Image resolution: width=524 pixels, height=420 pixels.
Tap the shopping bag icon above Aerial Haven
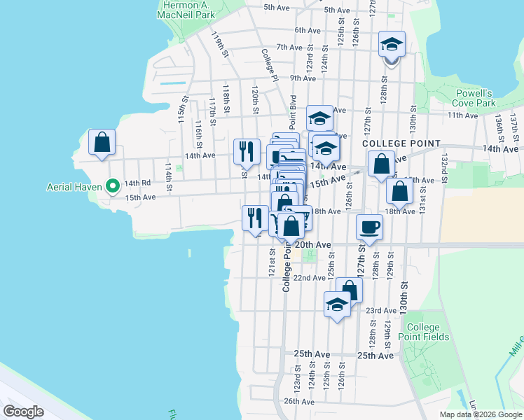(x=102, y=141)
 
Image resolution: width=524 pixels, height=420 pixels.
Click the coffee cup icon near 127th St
(x=370, y=226)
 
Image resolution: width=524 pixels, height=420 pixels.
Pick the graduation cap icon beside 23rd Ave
(x=337, y=304)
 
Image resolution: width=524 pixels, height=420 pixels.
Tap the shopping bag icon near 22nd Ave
(x=349, y=290)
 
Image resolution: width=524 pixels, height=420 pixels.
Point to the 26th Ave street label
(x=299, y=401)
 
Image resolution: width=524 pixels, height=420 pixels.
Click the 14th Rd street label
(x=137, y=183)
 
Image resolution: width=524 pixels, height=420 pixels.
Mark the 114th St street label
(x=168, y=177)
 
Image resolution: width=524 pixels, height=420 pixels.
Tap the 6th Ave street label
(x=307, y=30)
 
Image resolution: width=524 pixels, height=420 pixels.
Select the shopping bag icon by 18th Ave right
(x=399, y=190)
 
